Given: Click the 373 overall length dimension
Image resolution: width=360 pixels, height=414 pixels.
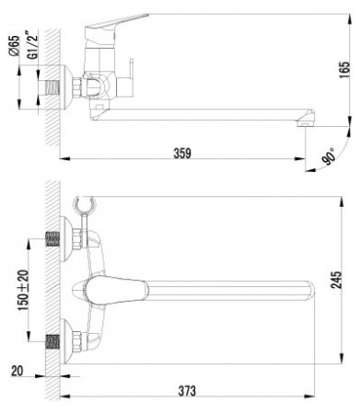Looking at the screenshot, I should tap(187, 390).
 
